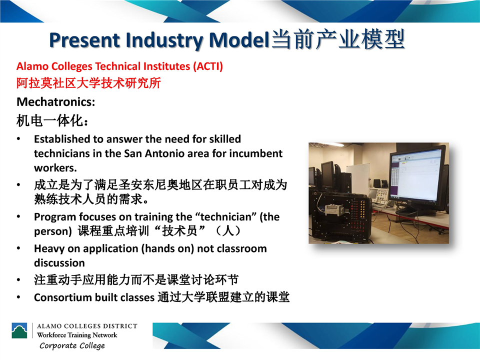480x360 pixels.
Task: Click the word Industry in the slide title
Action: [164, 40]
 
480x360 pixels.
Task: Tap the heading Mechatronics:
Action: [55, 102]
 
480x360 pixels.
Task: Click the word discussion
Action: [59, 263]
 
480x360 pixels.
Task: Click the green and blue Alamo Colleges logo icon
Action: [19, 330]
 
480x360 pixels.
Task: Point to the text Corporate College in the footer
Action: [72, 345]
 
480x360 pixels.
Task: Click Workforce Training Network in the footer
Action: [77, 335]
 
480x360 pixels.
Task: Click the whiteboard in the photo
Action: [358, 179]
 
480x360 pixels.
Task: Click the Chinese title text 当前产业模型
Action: [338, 39]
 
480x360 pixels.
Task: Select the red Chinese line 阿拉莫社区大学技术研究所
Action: [89, 83]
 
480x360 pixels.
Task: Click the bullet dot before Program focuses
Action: [18, 216]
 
